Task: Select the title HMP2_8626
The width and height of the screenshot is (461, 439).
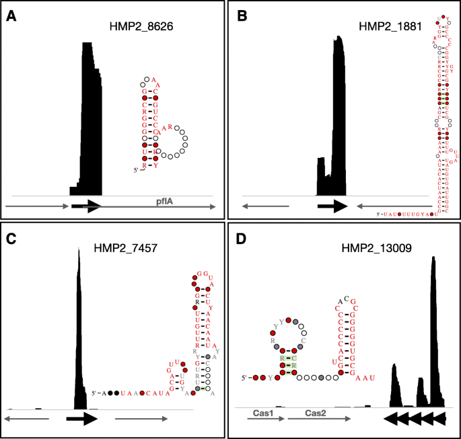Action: coord(137,27)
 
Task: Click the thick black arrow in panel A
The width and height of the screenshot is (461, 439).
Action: coord(86,206)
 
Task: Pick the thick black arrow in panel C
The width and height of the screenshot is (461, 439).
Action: coord(83,420)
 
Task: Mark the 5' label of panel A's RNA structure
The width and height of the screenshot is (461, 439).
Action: coord(135,171)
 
